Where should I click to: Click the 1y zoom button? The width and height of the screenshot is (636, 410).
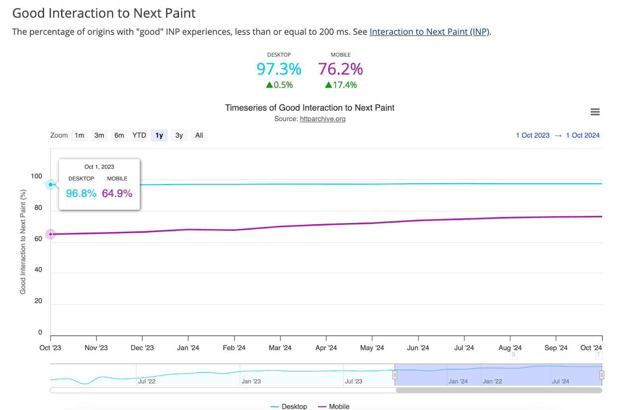pos(159,135)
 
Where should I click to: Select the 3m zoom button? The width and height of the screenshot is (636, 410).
pos(99,135)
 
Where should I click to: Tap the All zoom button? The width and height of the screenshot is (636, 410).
pos(199,135)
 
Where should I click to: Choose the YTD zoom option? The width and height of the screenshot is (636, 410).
pos(139,135)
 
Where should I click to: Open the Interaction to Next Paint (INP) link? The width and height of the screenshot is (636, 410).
pos(429,32)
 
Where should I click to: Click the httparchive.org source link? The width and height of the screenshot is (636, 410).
pos(322,119)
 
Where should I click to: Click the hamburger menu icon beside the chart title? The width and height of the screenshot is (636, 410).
pos(595,112)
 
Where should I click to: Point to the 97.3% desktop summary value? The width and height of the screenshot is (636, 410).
pos(279,69)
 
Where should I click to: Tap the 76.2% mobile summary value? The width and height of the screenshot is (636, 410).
pos(340,69)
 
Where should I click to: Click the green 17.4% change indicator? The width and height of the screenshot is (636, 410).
pos(341,85)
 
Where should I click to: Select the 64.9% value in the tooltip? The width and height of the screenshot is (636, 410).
pos(117,193)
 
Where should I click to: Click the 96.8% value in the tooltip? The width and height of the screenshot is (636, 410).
pos(81,193)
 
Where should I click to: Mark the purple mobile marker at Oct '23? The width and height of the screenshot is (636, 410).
pos(50,234)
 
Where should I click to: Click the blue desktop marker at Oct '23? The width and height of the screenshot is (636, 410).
pos(50,185)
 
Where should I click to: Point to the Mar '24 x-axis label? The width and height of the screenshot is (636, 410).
pos(280,348)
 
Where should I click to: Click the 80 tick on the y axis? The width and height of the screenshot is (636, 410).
pos(38,208)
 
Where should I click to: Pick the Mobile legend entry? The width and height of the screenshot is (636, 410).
pos(339,406)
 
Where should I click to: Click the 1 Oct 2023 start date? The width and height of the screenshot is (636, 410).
pos(532,135)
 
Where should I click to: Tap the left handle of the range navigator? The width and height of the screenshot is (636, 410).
pos(395,375)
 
